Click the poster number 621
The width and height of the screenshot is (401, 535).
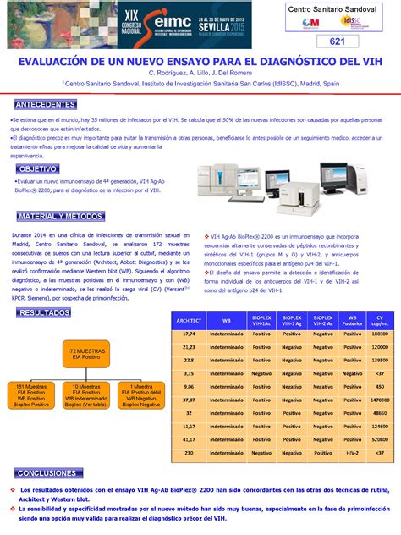tap(338, 42)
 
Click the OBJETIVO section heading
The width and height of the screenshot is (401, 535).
tap(39, 169)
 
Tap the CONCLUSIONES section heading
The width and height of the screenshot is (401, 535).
tap(47, 472)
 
